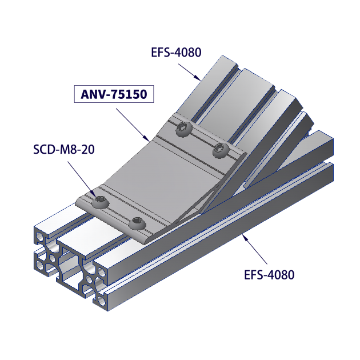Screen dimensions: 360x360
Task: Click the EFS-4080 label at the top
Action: click(x=176, y=53)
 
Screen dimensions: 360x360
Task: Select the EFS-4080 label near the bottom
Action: click(x=269, y=275)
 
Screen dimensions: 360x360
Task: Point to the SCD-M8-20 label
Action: click(x=63, y=150)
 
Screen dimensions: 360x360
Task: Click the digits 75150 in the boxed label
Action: click(x=129, y=94)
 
